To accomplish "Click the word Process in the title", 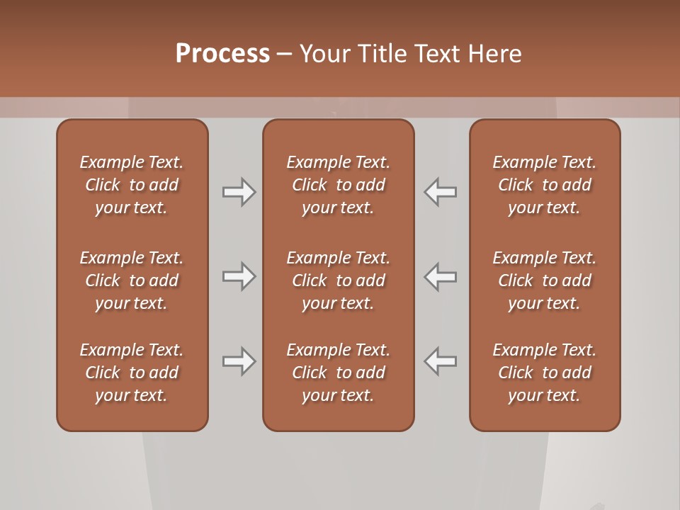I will coord(222,54).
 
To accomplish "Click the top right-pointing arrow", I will coord(239,192).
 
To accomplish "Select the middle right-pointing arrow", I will coord(239,276).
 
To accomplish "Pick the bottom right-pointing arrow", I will coord(239,361).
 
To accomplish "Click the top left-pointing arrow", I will coord(441,192).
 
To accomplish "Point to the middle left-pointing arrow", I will coord(441,276).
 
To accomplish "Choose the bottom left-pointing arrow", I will coord(441,361).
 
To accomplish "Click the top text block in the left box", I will coord(132,185).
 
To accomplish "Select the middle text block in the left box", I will coord(132,280).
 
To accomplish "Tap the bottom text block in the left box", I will coord(132,373).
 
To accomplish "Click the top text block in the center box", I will coord(339,185).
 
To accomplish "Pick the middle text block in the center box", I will coord(339,280).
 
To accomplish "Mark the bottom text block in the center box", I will coord(339,373).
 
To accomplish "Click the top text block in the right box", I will coord(545,185).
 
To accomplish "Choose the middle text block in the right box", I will coord(545,280).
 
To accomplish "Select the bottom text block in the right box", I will coord(545,373).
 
